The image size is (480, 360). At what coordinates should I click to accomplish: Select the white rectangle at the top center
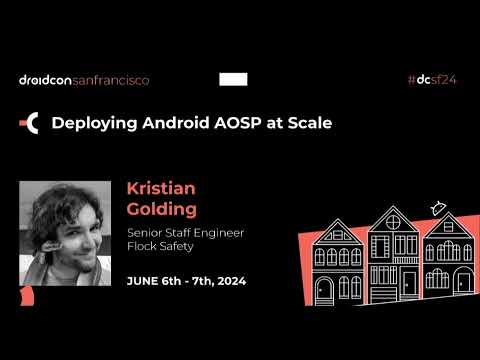pos(233,80)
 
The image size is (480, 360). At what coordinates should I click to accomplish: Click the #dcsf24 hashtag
pos(434,80)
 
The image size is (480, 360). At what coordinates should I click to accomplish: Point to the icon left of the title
pos(30,123)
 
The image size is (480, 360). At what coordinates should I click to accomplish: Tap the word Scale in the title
pos(308,123)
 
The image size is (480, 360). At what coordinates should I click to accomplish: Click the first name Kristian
pos(161,189)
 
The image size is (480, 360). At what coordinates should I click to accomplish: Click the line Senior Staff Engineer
pos(185,233)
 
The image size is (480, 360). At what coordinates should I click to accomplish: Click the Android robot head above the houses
pos(436,208)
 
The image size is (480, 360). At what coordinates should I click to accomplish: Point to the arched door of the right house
pos(463,282)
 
